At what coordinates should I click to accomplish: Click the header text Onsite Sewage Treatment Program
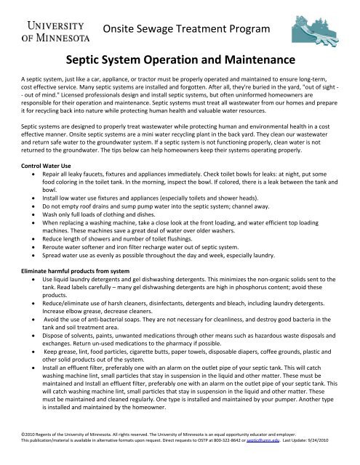186,29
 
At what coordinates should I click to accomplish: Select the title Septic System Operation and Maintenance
180,59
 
